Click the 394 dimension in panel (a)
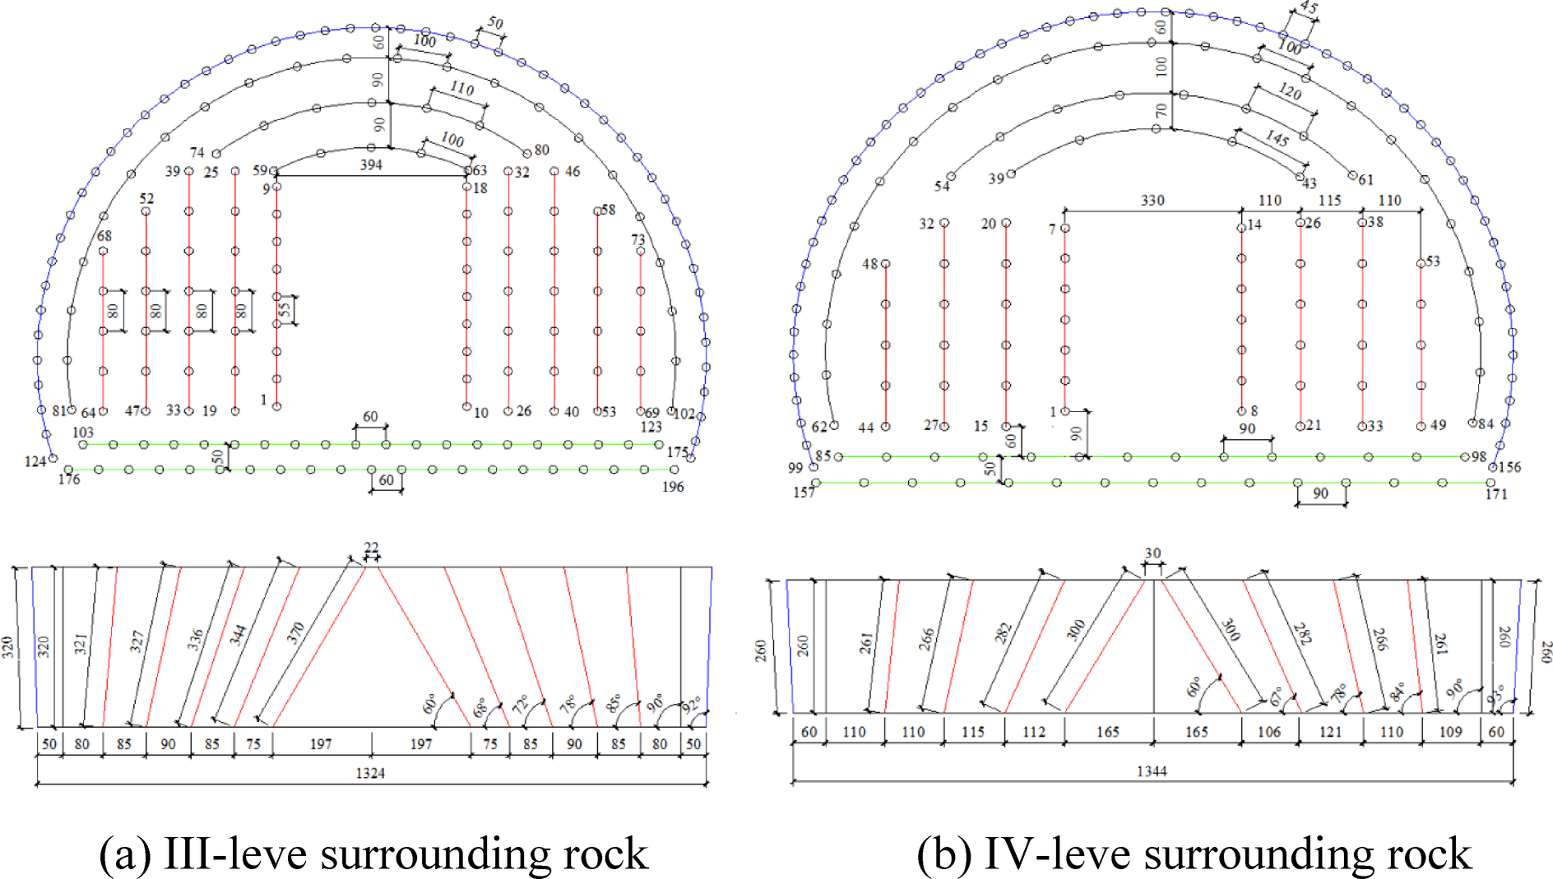[x=371, y=165]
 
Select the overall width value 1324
[x=370, y=773]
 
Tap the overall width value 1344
[x=1152, y=771]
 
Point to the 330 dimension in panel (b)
[x=1152, y=201]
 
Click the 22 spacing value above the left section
[x=371, y=548]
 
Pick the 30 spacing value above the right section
[x=1152, y=553]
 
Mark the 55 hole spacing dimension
[x=285, y=310]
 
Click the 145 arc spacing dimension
[x=1277, y=138]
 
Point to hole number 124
[x=35, y=461]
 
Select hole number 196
[x=673, y=487]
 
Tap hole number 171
[x=1496, y=493]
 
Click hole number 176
[x=69, y=479]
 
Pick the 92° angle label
[x=692, y=706]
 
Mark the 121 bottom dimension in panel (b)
[x=1330, y=732]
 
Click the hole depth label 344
[x=238, y=635]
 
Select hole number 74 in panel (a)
[x=197, y=153]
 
